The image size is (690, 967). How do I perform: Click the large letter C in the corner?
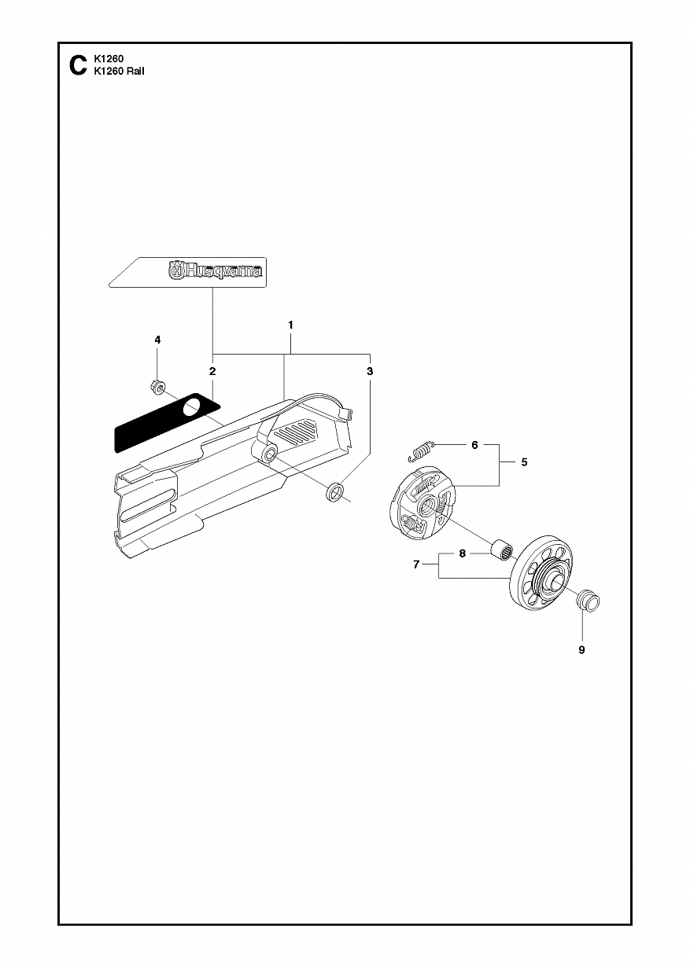coord(78,65)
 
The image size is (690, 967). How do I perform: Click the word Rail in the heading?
coord(135,72)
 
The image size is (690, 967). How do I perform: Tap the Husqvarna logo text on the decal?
coord(215,271)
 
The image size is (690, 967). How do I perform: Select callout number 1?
coord(291,325)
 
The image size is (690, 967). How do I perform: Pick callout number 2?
coord(212,371)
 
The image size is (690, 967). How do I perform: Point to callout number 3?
coord(370,371)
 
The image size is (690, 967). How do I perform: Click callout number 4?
coord(157,340)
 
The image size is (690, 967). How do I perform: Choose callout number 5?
coord(524,462)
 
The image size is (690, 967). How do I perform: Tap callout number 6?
coord(475,445)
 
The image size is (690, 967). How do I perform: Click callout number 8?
coord(463,553)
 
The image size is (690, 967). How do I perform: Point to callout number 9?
coord(581,662)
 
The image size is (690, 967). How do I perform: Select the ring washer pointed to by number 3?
coord(335,493)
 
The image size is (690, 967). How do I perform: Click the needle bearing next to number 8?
coord(502,548)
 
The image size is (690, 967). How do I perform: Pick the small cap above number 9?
coord(589,601)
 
